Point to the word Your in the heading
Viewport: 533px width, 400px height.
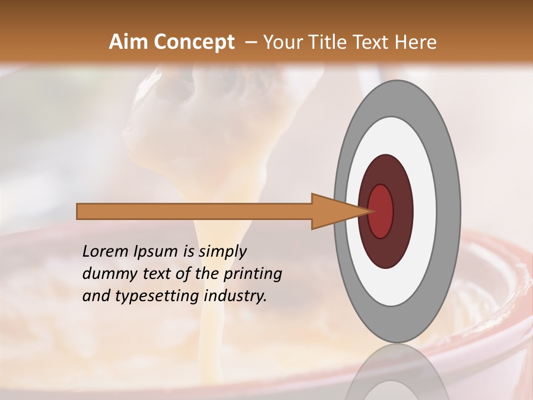point(283,42)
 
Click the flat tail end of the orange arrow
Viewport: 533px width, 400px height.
point(78,211)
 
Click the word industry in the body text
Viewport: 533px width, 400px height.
point(235,297)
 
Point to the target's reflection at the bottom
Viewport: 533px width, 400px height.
point(396,375)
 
